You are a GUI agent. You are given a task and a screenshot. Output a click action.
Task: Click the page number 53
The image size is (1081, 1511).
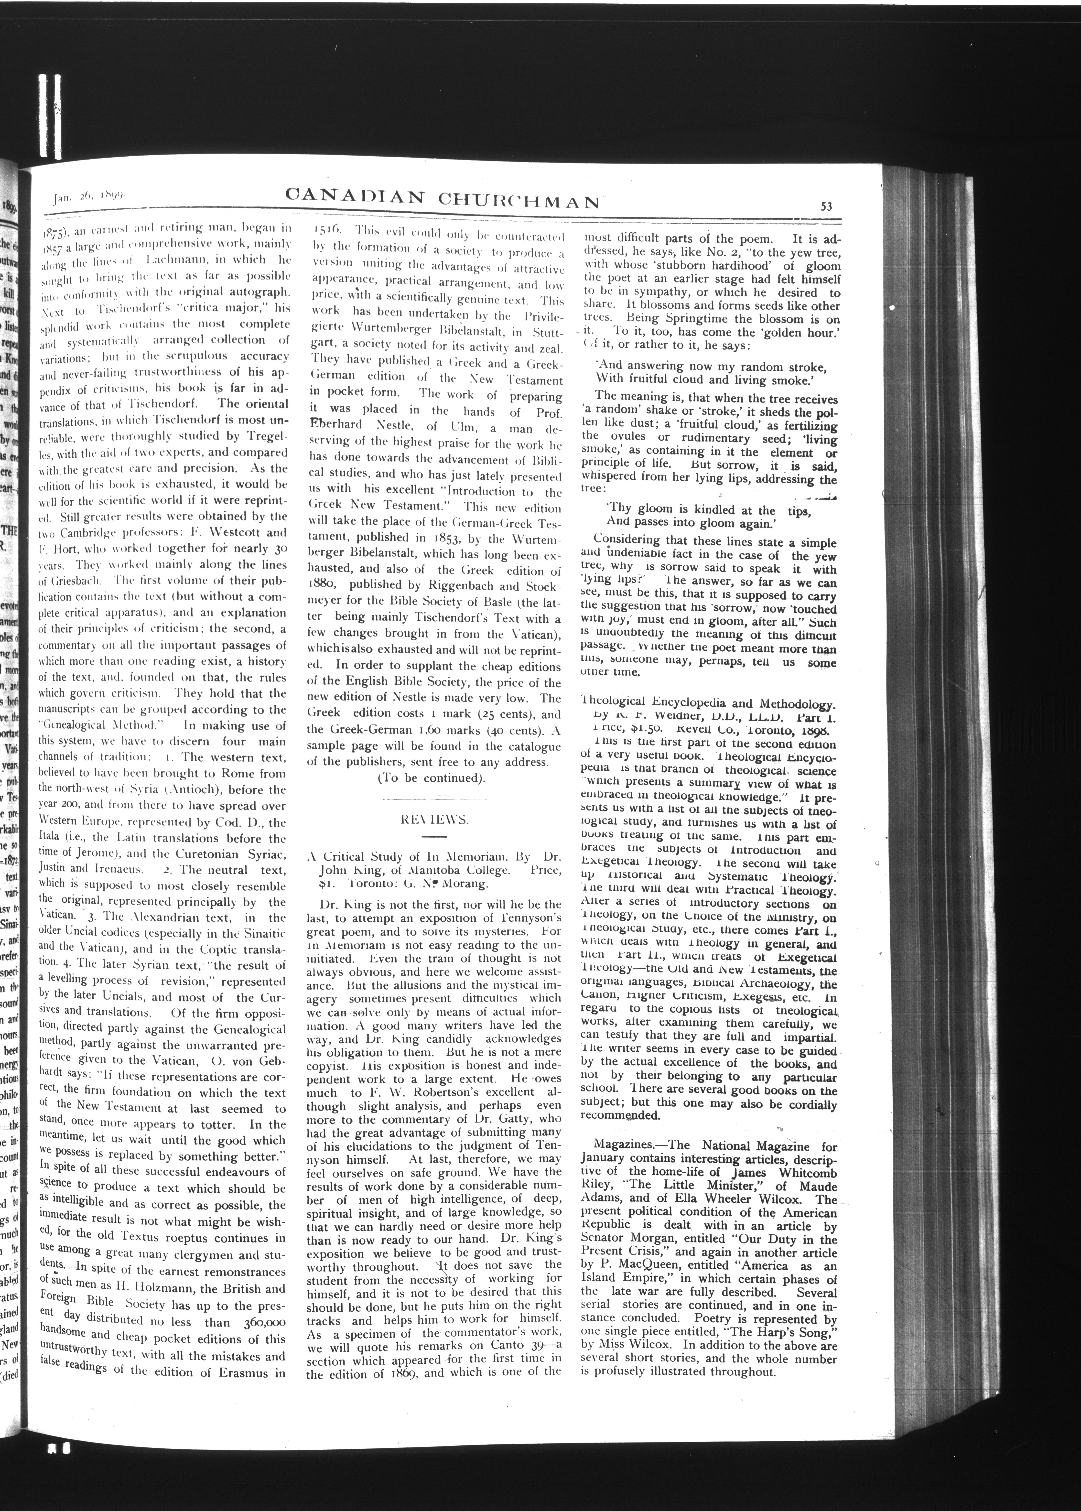coord(827,206)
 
